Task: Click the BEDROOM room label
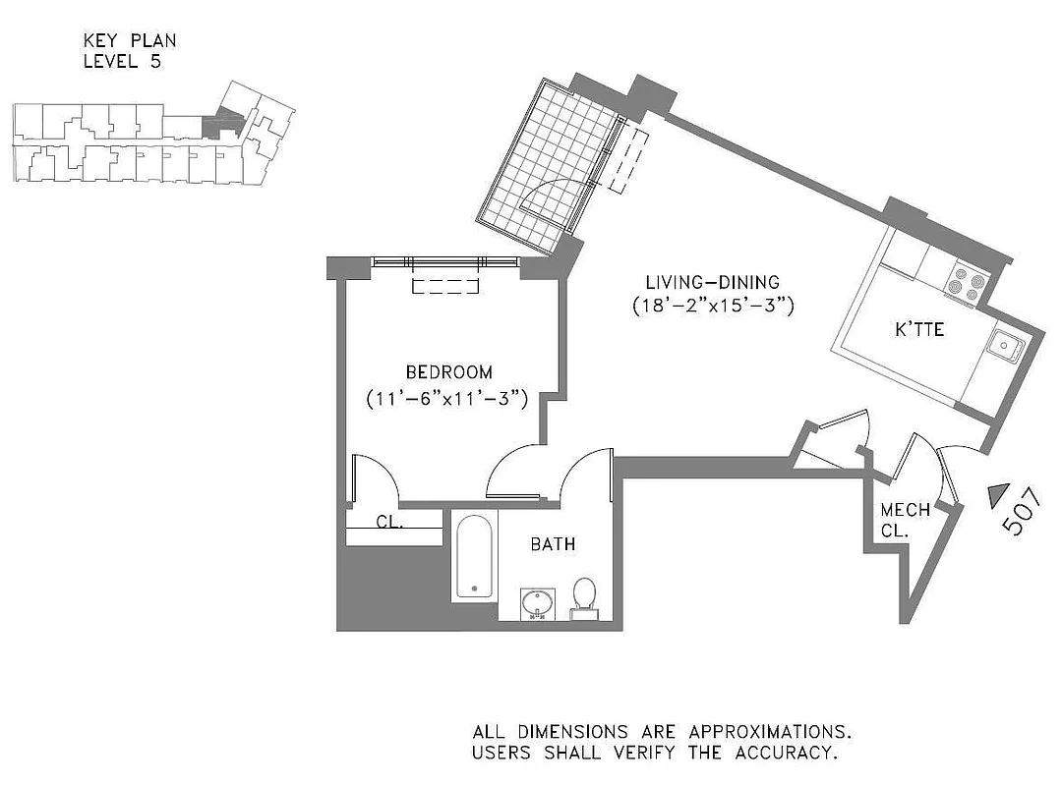pyautogui.click(x=448, y=372)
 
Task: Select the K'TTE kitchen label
pyautogui.click(x=919, y=330)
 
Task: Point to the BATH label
pyautogui.click(x=553, y=544)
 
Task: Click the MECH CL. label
pyautogui.click(x=904, y=521)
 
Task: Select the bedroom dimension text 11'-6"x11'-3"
pyautogui.click(x=448, y=399)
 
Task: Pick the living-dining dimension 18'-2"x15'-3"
pyautogui.click(x=713, y=307)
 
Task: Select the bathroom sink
pyautogui.click(x=537, y=603)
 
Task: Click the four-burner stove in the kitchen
pyautogui.click(x=965, y=282)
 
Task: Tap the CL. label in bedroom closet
pyautogui.click(x=390, y=523)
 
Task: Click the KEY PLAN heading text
pyautogui.click(x=131, y=41)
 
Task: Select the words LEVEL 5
pyautogui.click(x=122, y=61)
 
